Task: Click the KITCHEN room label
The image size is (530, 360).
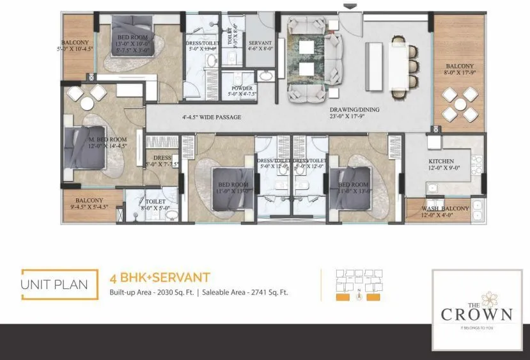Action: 441,161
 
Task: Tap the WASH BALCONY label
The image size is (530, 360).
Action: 445,208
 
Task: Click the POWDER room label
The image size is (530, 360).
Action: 242,88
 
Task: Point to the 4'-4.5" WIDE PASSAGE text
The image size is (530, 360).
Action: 211,118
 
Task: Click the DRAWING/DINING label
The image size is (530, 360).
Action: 355,110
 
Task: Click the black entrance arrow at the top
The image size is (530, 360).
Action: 348,7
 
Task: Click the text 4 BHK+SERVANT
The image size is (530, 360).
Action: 160,278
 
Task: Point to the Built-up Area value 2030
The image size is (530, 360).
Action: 159,293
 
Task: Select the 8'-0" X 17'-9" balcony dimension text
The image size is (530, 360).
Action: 459,72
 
